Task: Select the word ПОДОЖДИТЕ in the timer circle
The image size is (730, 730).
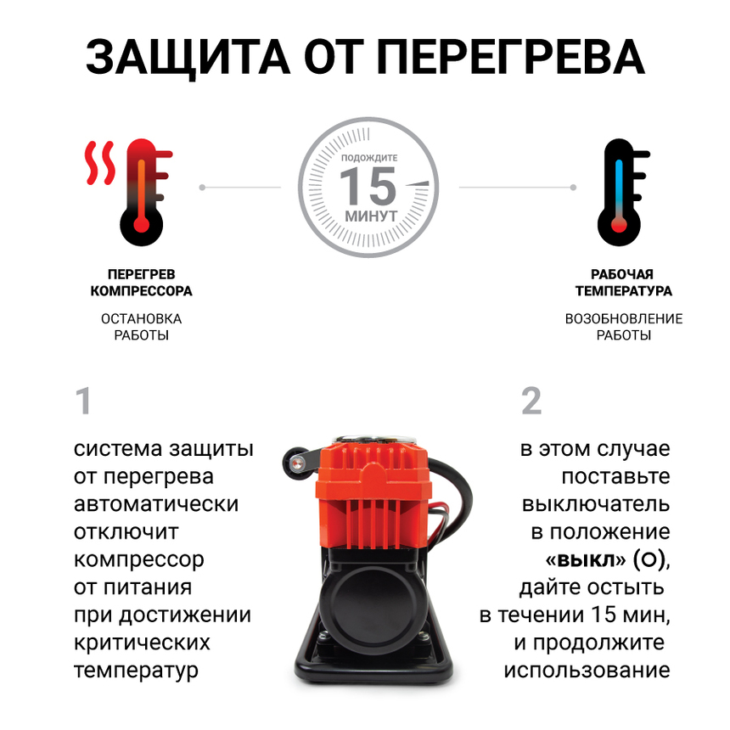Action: point(368,158)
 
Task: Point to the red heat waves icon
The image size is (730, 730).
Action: point(101,163)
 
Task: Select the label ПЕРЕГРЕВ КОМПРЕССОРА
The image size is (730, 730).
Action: point(141,283)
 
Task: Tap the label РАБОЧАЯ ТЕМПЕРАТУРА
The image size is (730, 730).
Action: point(623,283)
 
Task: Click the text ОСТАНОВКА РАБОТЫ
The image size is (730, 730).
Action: point(141,327)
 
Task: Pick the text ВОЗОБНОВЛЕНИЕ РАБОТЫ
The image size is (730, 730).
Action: point(623,327)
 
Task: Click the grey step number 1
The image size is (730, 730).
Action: point(82,401)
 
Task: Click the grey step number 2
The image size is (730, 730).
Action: point(531,401)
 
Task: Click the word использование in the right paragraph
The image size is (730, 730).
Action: point(587,670)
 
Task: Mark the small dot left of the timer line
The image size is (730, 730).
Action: point(202,186)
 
